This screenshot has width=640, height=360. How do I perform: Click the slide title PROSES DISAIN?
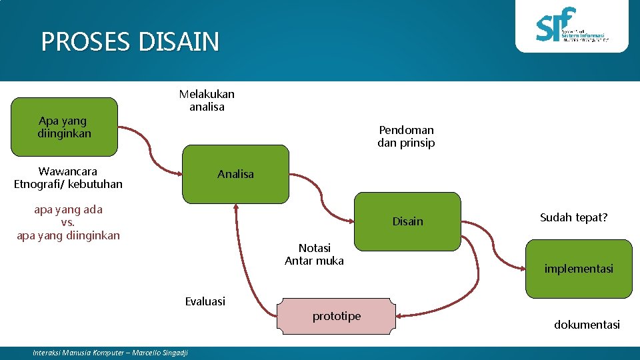coord(130,42)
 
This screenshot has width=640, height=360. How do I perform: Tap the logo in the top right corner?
coord(572,27)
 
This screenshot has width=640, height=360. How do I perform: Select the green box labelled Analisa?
coord(236,174)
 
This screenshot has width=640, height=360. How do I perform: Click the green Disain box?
coord(407,221)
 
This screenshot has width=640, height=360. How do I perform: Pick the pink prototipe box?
coord(337,316)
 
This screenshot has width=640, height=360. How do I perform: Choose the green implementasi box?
coord(578,269)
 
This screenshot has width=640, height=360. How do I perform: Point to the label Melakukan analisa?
coord(207,100)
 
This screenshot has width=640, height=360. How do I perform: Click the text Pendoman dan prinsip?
coord(405,136)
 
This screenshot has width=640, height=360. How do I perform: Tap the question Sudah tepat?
coord(573,217)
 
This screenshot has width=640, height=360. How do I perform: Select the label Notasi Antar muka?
coord(314,254)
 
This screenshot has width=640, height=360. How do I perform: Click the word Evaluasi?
coord(205,301)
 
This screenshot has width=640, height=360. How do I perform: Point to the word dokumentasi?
coord(587,325)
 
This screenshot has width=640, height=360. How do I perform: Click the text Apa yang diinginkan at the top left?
coord(63,127)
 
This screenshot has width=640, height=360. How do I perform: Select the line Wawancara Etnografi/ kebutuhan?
coord(68,177)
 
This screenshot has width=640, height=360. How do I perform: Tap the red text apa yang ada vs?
coord(68,215)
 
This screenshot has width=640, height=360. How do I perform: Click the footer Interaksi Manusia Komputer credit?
coord(111,353)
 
